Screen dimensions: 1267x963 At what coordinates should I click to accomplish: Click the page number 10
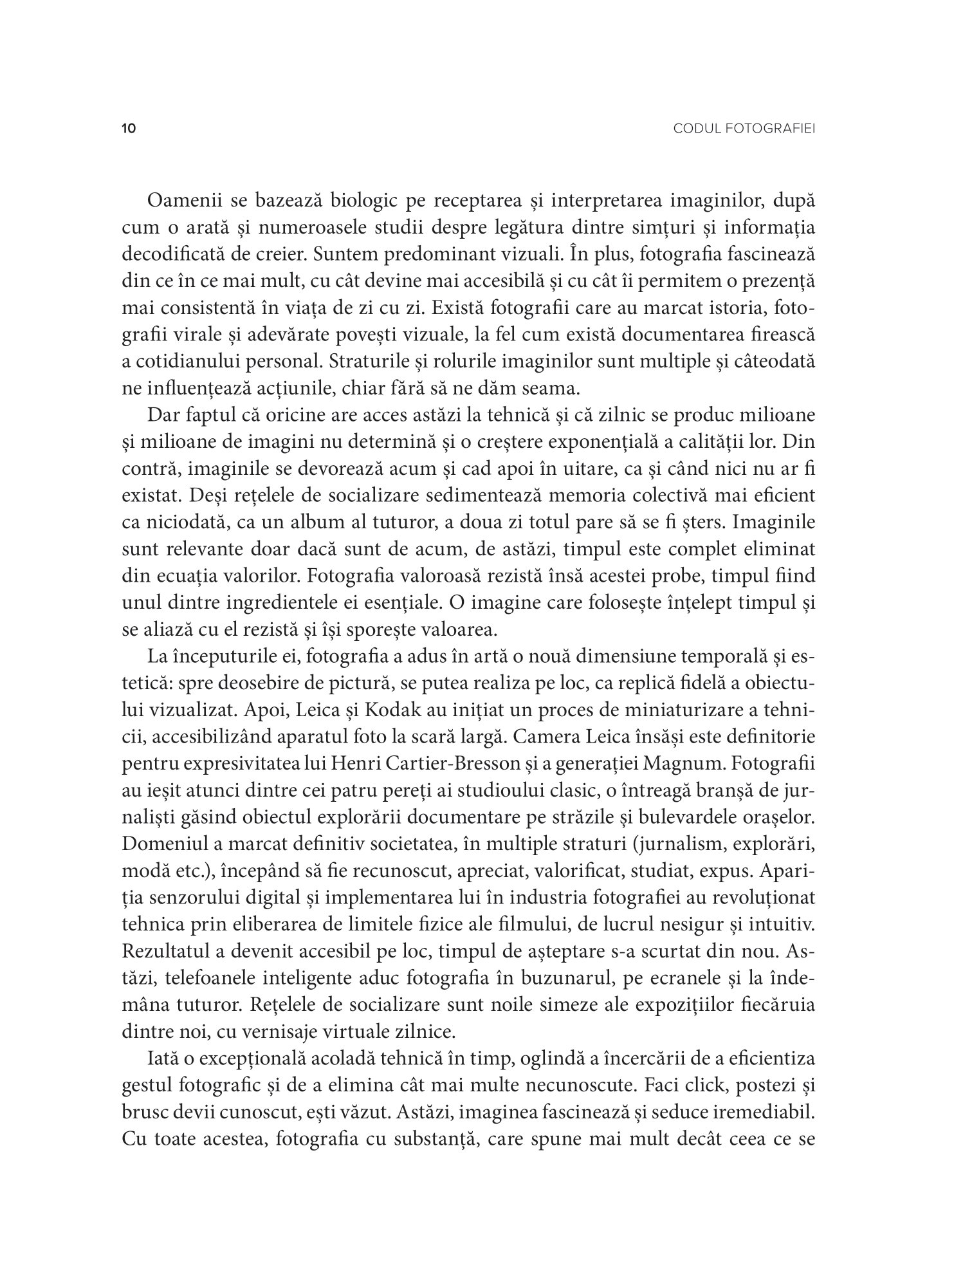pyautogui.click(x=129, y=129)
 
